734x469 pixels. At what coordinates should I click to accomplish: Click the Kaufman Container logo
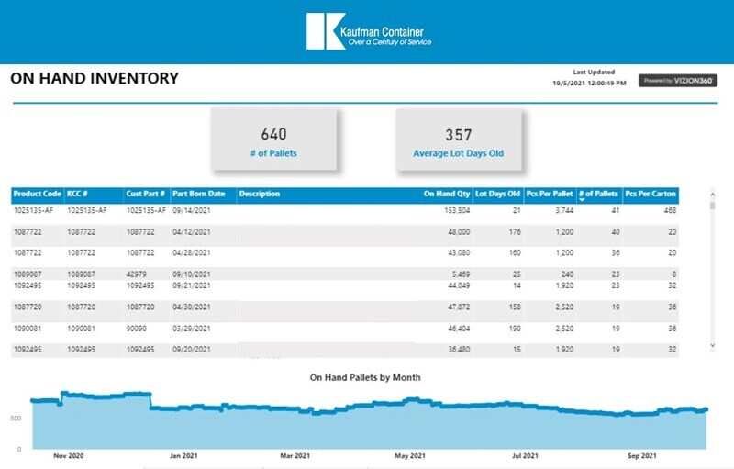368,31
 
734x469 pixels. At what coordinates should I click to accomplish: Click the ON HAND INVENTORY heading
95,79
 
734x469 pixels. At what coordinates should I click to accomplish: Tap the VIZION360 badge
678,81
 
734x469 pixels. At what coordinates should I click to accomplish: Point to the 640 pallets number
274,134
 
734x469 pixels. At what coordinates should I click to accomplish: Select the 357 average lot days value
459,134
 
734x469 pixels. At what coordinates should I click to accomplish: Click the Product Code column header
37,195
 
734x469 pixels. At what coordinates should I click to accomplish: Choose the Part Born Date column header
199,195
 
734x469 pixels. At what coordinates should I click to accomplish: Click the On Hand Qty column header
447,195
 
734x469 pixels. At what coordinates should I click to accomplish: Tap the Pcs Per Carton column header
651,195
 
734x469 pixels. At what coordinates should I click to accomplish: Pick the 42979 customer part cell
137,274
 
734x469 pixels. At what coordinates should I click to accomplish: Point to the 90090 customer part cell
137,328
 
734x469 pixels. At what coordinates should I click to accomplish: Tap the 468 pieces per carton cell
670,210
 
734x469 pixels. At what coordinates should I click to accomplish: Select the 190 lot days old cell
515,328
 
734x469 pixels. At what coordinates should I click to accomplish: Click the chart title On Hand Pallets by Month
365,377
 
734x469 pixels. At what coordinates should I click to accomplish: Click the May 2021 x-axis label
410,455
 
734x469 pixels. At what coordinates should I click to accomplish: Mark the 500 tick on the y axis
16,418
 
